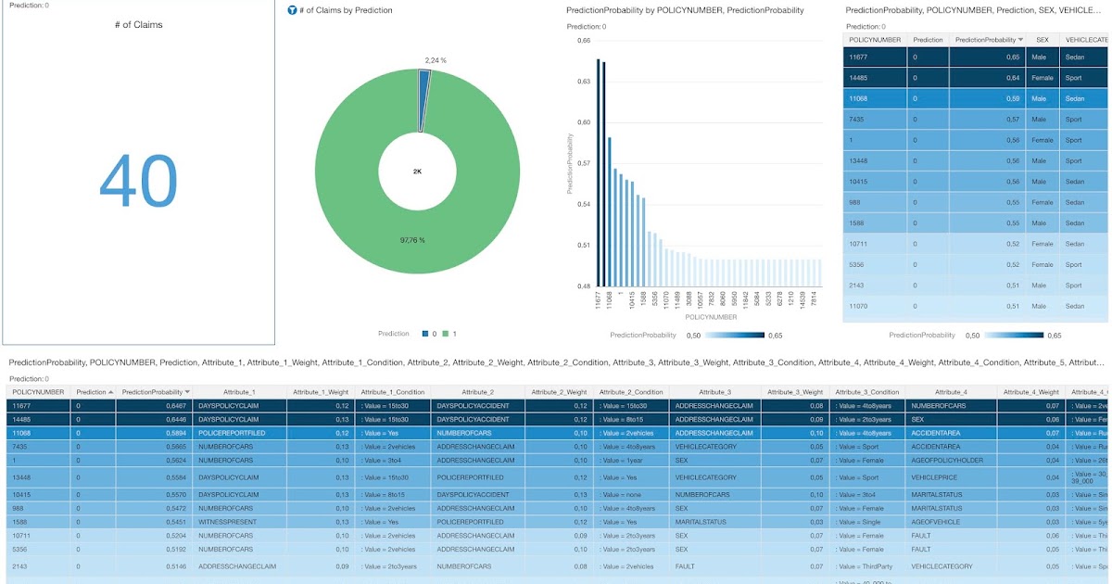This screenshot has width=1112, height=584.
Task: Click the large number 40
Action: click(x=137, y=180)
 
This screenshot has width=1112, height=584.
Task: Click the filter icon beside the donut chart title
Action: click(x=292, y=10)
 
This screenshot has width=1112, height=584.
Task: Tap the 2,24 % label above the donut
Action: click(x=436, y=60)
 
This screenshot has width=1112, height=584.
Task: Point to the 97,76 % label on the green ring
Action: click(x=412, y=240)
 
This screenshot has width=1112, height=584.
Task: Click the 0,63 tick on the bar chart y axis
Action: click(x=583, y=82)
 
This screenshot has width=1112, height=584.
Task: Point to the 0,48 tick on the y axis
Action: click(x=583, y=286)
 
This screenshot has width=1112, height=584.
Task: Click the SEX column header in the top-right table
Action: click(x=1042, y=40)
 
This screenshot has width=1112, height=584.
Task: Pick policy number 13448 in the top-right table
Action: click(x=858, y=160)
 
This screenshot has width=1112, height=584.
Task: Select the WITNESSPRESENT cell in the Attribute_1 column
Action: click(x=224, y=522)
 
